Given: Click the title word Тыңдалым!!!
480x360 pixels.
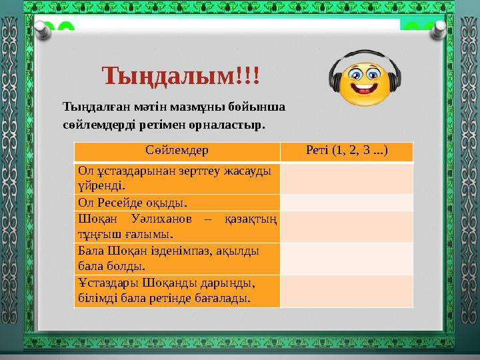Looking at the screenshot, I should pyautogui.click(x=181, y=75).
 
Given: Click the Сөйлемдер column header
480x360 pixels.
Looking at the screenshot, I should pyautogui.click(x=177, y=151).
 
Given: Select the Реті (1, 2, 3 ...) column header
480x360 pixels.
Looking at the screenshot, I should pyautogui.click(x=346, y=151).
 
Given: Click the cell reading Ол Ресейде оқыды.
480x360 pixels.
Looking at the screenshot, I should pyautogui.click(x=177, y=202).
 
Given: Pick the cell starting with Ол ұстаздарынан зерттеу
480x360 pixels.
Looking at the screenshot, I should pyautogui.click(x=177, y=177).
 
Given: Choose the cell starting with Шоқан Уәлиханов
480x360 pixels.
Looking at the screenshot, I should pyautogui.click(x=177, y=226).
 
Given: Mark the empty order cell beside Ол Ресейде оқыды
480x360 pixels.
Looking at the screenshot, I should pyautogui.click(x=346, y=202).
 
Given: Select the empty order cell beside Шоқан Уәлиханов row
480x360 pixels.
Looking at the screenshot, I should pyautogui.click(x=346, y=226).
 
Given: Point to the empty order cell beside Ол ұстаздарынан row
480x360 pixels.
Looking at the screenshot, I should pyautogui.click(x=346, y=177).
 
